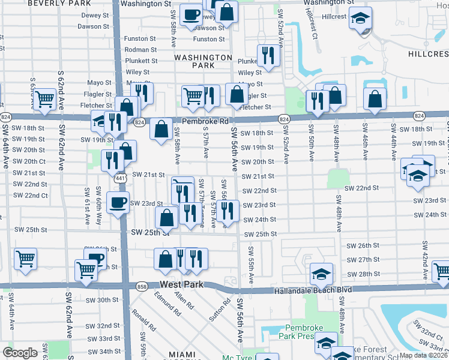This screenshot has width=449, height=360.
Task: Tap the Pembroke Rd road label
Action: click(x=206, y=121)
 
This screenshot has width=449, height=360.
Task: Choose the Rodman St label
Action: click(x=141, y=50)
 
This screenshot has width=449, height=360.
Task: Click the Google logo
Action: click(x=20, y=353)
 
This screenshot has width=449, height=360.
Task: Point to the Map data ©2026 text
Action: click(x=422, y=355)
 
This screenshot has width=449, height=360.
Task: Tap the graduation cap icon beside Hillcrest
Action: click(x=360, y=19)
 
